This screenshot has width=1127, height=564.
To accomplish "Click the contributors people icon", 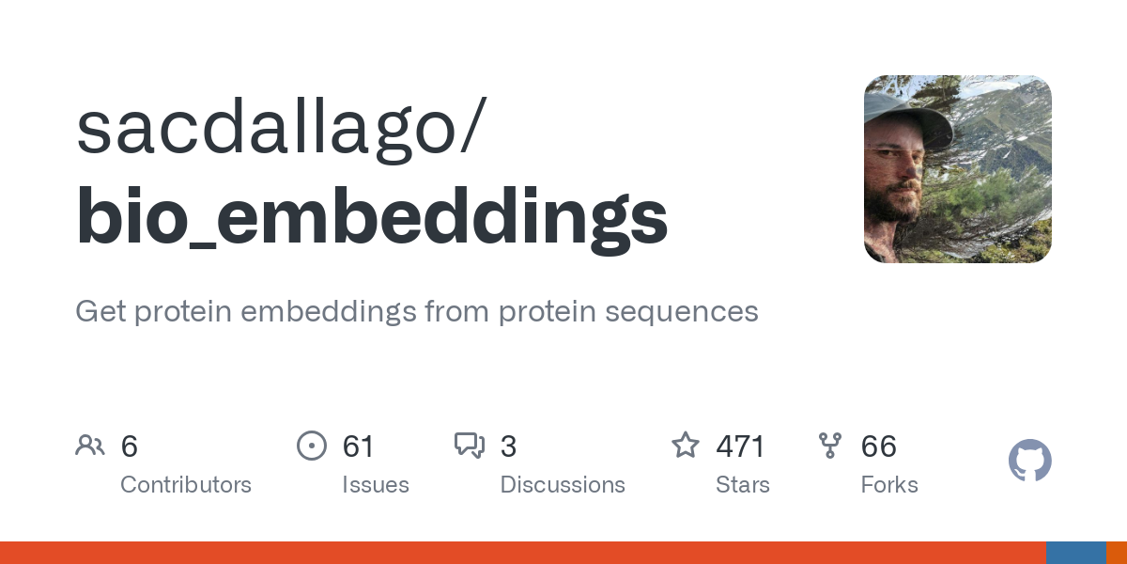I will coord(90,445).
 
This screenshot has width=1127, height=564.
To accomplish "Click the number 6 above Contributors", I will coord(130,446).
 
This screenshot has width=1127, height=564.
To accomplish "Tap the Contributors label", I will coord(186,485).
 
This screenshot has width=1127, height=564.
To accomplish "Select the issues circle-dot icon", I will coord(311,445).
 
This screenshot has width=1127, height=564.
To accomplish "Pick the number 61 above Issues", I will coord(358,446).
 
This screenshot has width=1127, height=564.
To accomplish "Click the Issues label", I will coord(376,485).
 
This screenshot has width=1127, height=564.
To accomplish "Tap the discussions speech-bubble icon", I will coord(469,445).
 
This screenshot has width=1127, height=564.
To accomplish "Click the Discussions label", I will coord(563,485).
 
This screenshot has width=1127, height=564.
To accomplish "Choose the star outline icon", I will coord(686,445).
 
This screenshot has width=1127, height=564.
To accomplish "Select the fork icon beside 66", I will coord(830,445).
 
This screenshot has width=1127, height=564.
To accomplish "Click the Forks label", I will coord(889,485).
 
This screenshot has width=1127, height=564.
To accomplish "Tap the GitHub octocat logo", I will coord(1029,462).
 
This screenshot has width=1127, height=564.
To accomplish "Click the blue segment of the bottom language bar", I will coord(1075,553).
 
